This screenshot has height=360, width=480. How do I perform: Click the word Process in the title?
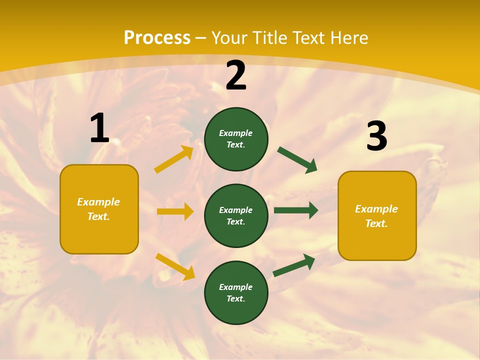(x=157, y=37)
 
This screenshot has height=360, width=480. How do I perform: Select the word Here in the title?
(x=348, y=37)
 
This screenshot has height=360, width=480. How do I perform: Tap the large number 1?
(x=99, y=128)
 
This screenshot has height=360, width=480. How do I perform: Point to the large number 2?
(x=236, y=76)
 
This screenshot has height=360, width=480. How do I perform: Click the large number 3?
(x=376, y=136)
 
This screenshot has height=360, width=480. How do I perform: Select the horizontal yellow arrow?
(x=175, y=211)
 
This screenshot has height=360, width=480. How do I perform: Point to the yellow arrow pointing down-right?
(x=175, y=266)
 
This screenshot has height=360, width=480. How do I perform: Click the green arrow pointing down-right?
(x=297, y=160)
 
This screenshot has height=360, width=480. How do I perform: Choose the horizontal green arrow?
(x=296, y=210)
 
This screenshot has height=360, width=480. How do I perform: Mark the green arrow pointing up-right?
(x=294, y=265)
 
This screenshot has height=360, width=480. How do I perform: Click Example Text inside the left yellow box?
(x=98, y=209)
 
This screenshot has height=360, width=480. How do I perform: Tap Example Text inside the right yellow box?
(x=376, y=216)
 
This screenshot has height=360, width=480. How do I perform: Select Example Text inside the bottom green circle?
(x=235, y=292)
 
